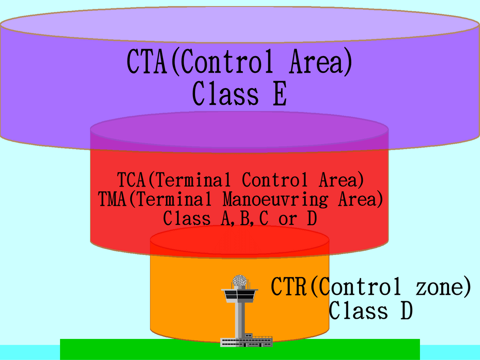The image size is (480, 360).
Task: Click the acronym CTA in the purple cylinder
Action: pyautogui.click(x=147, y=62)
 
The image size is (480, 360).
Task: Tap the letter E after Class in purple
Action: pyautogui.click(x=280, y=93)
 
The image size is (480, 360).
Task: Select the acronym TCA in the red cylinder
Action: pyautogui.click(x=131, y=180)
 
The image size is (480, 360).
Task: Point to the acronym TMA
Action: pyautogui.click(x=112, y=199)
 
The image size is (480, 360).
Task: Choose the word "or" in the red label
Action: pyautogui.click(x=288, y=219)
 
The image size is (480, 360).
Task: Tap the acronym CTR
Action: pyautogui.click(x=289, y=286)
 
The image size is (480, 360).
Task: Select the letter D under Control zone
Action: pyautogui.click(x=406, y=310)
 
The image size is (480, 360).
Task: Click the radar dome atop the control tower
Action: pyautogui.click(x=240, y=281)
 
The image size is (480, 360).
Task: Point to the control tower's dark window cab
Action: pyautogui.click(x=240, y=295)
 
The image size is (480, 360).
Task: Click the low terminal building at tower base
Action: pyautogui.click(x=247, y=342)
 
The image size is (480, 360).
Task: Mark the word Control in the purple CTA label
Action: pyautogui.click(x=227, y=62)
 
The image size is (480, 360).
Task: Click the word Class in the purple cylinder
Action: pyautogui.click(x=225, y=93)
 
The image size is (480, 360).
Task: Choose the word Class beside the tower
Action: pyautogui.click(x=359, y=310)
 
